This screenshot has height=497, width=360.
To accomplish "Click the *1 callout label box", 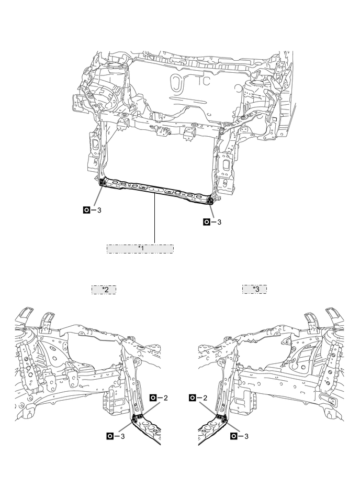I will [140, 248].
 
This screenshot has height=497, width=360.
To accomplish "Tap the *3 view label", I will [254, 289].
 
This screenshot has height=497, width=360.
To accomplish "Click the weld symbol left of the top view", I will [87, 210].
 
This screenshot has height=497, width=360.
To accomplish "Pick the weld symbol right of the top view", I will [207, 222].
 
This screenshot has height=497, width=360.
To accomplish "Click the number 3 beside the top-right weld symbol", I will [219, 222].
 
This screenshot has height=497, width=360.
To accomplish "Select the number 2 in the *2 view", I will [165, 398].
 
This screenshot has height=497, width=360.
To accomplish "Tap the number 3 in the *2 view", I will [122, 436].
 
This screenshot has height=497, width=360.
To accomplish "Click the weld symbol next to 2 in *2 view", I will [153, 398].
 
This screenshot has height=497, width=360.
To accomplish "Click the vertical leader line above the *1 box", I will [155, 220].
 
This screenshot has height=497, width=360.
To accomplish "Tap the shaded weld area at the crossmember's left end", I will [103, 182].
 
